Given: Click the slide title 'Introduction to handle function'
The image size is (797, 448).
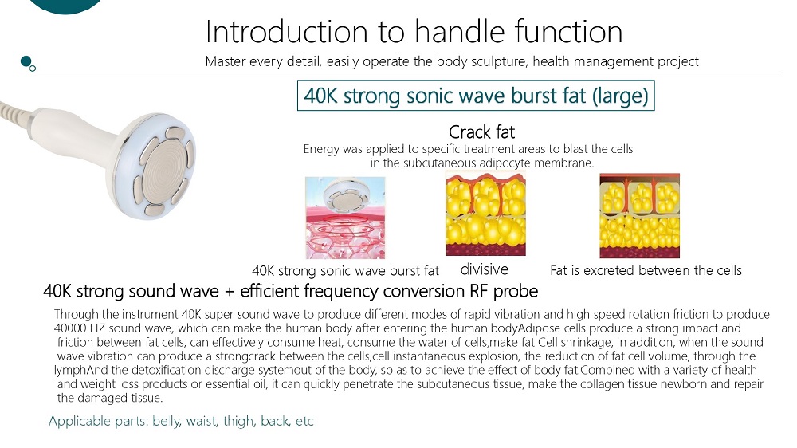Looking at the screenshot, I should pos(414,32).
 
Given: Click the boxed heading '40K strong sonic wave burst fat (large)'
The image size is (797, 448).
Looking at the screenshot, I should pos(476,96).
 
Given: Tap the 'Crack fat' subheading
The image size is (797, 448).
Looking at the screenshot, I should pos(481,132).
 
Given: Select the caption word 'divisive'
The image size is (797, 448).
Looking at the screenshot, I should pos(484,269).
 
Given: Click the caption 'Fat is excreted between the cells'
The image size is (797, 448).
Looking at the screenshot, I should pos(646,270).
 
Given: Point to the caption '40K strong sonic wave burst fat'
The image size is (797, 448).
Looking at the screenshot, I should pos(345,271).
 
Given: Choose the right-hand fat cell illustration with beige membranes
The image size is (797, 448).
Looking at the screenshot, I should pos(639,215).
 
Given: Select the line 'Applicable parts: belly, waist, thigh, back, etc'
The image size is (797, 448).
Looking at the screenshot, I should pos(181,421).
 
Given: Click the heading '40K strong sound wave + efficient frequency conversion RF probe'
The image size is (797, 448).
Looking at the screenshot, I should pos(290,291).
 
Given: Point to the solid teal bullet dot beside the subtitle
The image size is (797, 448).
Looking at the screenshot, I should pos(26,61).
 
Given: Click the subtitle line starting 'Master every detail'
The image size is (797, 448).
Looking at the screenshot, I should pos(452,61).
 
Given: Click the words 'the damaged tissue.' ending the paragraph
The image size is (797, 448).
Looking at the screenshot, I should pos(110,398).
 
